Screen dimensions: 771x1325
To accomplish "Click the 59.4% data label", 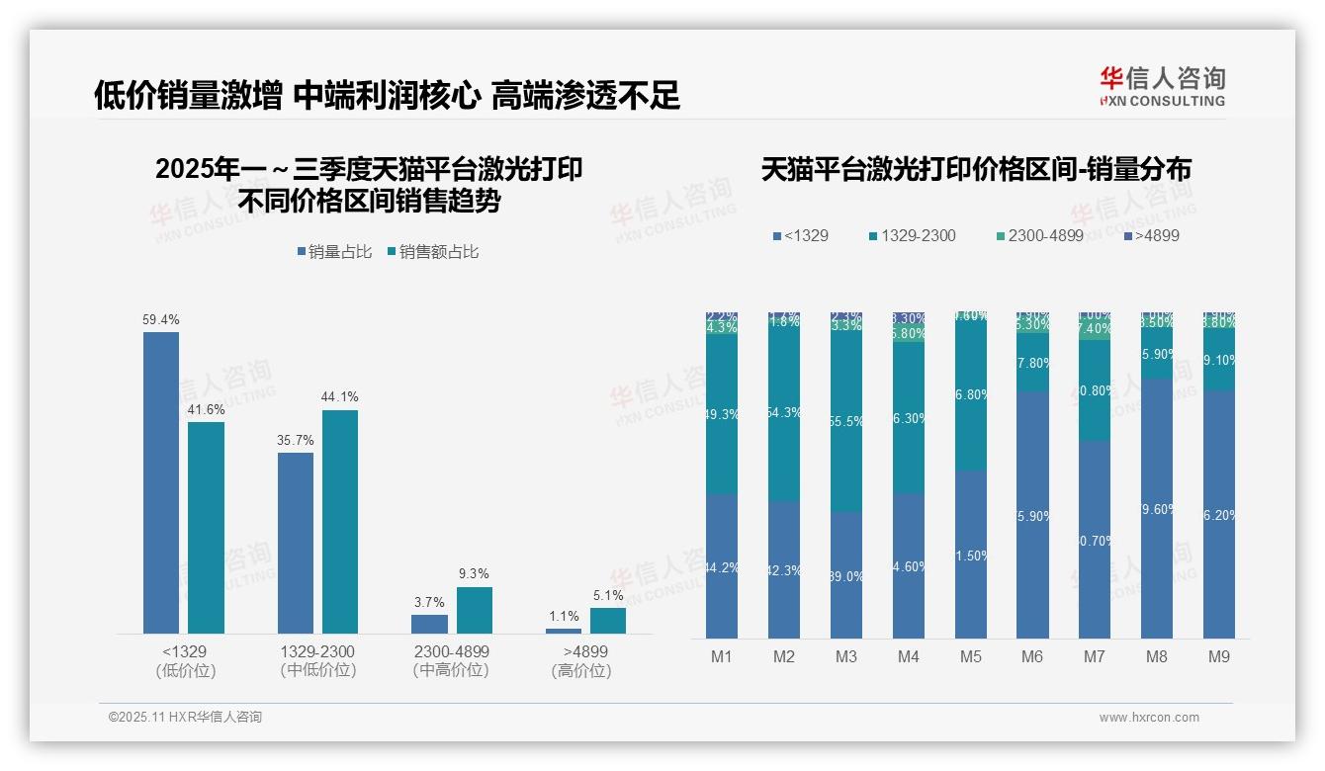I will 161,320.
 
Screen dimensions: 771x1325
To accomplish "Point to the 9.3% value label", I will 474,573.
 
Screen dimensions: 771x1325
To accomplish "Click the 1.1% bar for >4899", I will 564,631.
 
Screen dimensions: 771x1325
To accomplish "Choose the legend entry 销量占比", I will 334,252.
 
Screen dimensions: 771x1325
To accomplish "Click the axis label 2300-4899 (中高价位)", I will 451,661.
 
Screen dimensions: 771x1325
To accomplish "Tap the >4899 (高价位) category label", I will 585,661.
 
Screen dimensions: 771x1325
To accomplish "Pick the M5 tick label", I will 970,656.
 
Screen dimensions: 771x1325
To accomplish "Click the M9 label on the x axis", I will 1219,656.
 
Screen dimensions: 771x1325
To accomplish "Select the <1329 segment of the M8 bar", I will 1157,509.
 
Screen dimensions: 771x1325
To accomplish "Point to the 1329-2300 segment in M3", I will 846,421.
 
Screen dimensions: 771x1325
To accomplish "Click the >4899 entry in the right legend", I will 1151,236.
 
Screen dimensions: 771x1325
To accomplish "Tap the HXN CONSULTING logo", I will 1162,86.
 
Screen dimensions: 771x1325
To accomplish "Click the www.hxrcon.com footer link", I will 1149,718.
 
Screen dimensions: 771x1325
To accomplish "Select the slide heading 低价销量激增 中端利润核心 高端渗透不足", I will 387,95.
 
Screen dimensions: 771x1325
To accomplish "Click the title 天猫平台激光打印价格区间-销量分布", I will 976,169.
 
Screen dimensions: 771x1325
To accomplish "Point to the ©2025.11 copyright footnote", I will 185,718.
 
